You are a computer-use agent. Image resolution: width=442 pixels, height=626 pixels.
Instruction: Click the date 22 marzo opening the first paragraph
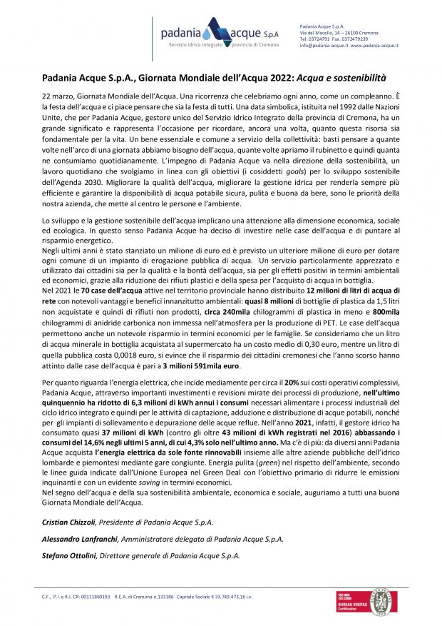point(56,95)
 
